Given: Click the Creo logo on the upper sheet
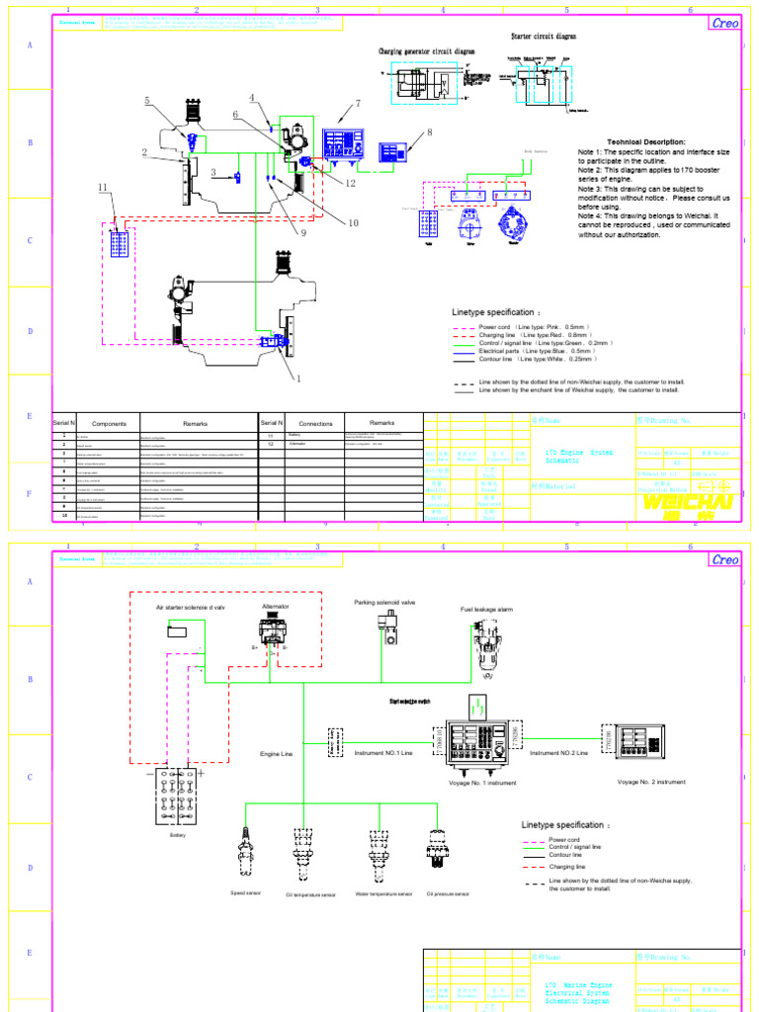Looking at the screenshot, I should coord(724,24).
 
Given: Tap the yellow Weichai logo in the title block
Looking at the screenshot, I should coord(688,503).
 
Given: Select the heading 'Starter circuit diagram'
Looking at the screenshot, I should coord(544,37).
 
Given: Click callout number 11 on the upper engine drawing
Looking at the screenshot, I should coord(102,187).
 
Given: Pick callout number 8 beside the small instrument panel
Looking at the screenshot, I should coord(430,132).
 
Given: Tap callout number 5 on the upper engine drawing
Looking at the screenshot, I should coord(147,101).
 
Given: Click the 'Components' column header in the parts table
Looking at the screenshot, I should coord(109,423).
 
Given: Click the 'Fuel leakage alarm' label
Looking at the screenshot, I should coord(486,610).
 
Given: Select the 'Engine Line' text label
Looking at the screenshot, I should coord(277,754).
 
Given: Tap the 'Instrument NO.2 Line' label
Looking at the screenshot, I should coord(558,753).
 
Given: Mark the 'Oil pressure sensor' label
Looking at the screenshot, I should coord(448,893).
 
